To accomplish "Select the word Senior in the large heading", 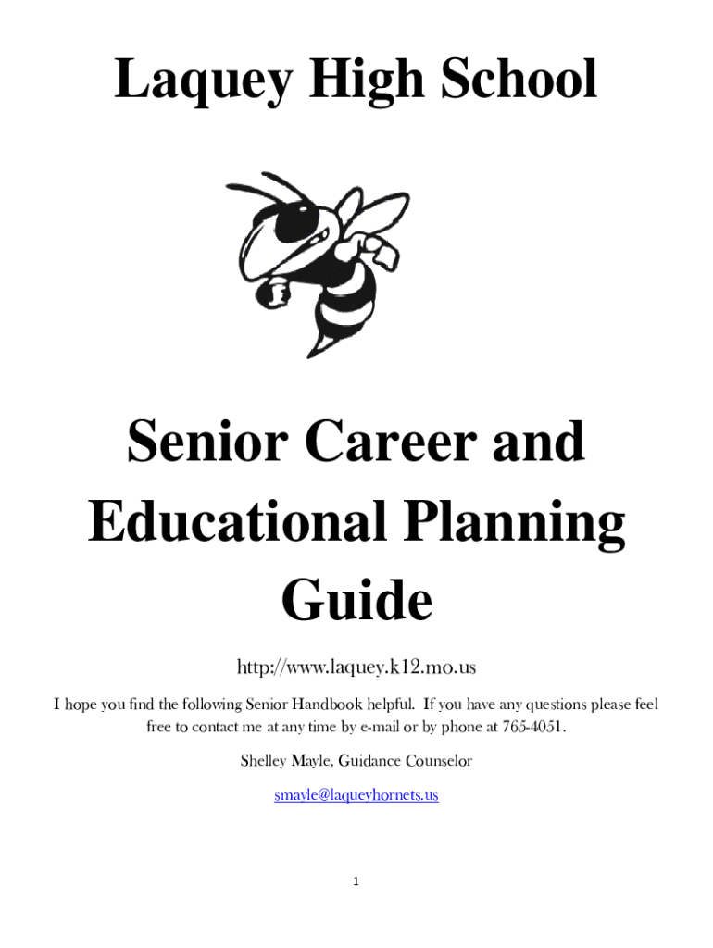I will [210, 443].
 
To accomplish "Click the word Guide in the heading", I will [356, 602].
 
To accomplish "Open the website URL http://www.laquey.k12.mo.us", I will [356, 667].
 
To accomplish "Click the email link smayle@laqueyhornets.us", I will [356, 794].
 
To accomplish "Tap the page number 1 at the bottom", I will [356, 881].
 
